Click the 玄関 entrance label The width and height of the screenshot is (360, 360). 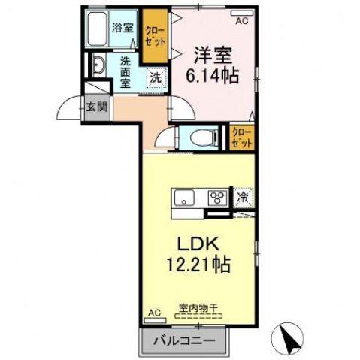[x=95, y=107]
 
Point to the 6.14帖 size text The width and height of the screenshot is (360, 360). [x=213, y=76]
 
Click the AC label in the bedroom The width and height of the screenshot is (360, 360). [x=241, y=22]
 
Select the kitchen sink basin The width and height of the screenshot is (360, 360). [x=185, y=198]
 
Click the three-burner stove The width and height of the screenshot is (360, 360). [x=218, y=198]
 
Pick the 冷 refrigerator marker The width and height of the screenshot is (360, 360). [x=243, y=197]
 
